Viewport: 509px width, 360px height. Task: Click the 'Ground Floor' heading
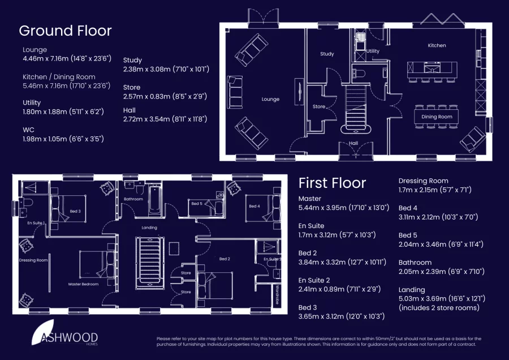(x=65, y=31)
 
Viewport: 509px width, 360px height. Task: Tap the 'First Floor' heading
(x=332, y=183)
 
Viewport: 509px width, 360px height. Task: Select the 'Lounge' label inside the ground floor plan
(x=270, y=99)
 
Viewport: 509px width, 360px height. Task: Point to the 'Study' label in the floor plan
(x=327, y=54)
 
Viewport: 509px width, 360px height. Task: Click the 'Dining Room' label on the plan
(x=437, y=117)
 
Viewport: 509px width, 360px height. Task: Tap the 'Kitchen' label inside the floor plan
(x=437, y=45)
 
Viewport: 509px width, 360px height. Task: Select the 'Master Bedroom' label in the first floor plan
(x=83, y=284)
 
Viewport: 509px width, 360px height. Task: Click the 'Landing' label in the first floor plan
(x=149, y=228)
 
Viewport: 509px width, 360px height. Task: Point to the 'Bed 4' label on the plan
(x=254, y=206)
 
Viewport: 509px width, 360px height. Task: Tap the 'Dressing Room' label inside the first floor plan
(x=33, y=260)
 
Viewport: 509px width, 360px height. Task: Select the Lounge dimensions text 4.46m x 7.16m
(x=67, y=58)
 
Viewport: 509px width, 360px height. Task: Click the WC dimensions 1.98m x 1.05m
(x=63, y=139)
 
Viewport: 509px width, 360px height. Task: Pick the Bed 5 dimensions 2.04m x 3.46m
(x=441, y=245)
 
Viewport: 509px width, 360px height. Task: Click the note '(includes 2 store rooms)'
(x=439, y=308)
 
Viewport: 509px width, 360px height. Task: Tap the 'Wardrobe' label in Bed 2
(x=277, y=294)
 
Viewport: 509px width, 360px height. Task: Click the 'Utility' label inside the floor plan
(x=373, y=51)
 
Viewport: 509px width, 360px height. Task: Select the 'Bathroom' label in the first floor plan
(x=133, y=199)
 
